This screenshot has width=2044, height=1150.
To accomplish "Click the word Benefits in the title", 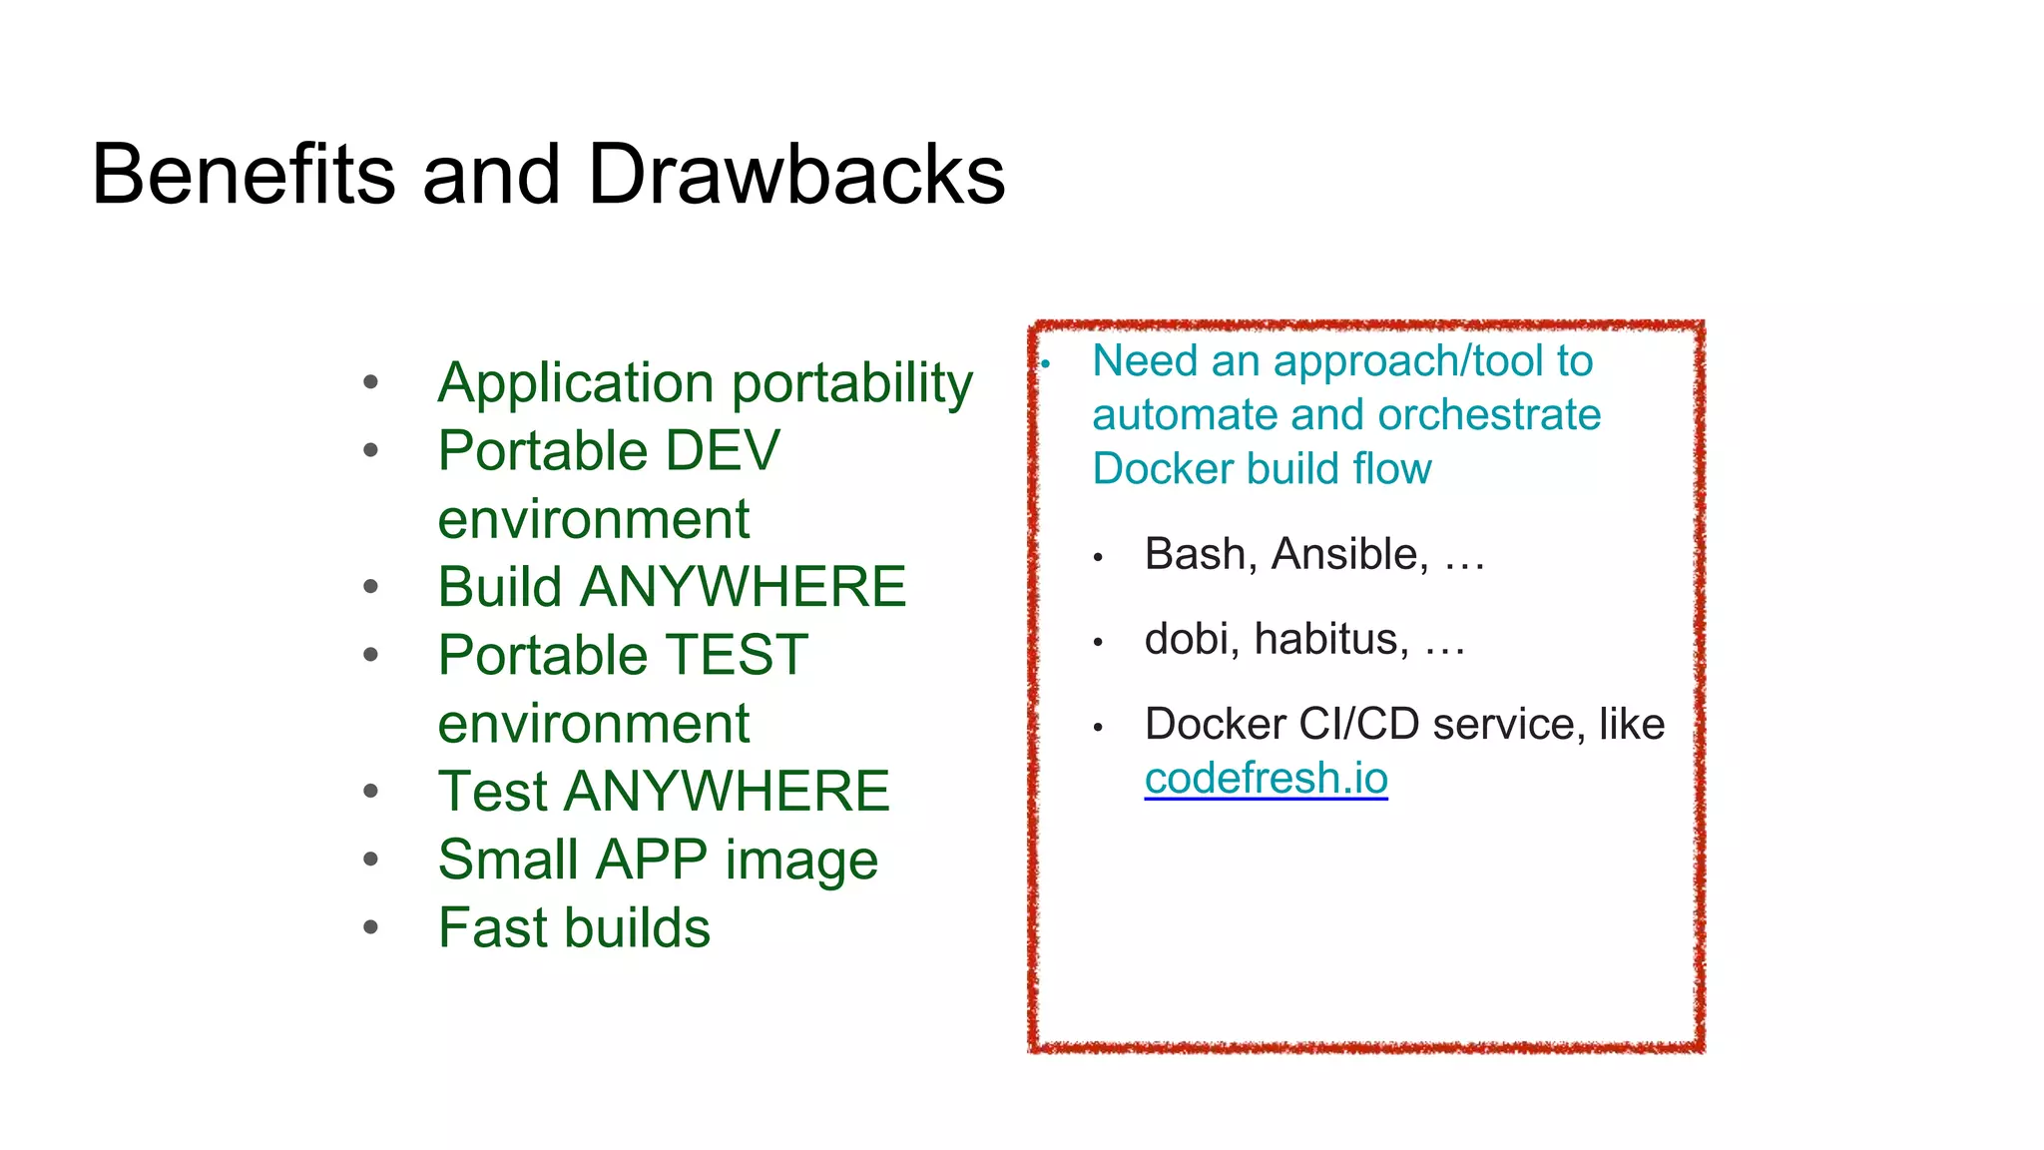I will (244, 175).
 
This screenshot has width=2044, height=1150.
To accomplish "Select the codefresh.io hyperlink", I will (1266, 779).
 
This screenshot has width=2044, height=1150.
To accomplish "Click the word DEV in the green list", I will (723, 451).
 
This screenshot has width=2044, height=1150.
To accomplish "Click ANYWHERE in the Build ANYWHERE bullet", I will (743, 587).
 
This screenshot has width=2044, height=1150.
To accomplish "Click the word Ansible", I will (1349, 554).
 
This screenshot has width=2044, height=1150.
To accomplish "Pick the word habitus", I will (1331, 639).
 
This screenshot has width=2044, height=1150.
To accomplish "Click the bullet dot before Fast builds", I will (371, 927).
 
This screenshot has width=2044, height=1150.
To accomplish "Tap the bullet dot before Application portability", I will (371, 381).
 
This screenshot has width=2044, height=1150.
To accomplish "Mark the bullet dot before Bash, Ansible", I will (1097, 558).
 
